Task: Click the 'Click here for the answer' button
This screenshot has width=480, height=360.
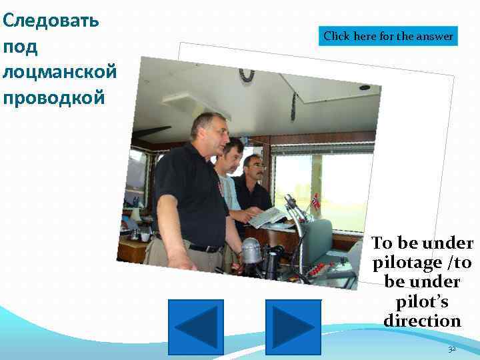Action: [x=389, y=36]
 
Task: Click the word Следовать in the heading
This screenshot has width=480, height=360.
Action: [x=51, y=20]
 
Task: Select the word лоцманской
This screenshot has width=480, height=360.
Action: [x=60, y=72]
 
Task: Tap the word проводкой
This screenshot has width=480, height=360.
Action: [x=54, y=97]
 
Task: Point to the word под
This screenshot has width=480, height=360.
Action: [x=21, y=47]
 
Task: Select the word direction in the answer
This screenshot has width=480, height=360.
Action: [x=422, y=321]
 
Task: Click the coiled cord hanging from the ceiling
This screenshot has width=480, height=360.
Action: [x=247, y=74]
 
